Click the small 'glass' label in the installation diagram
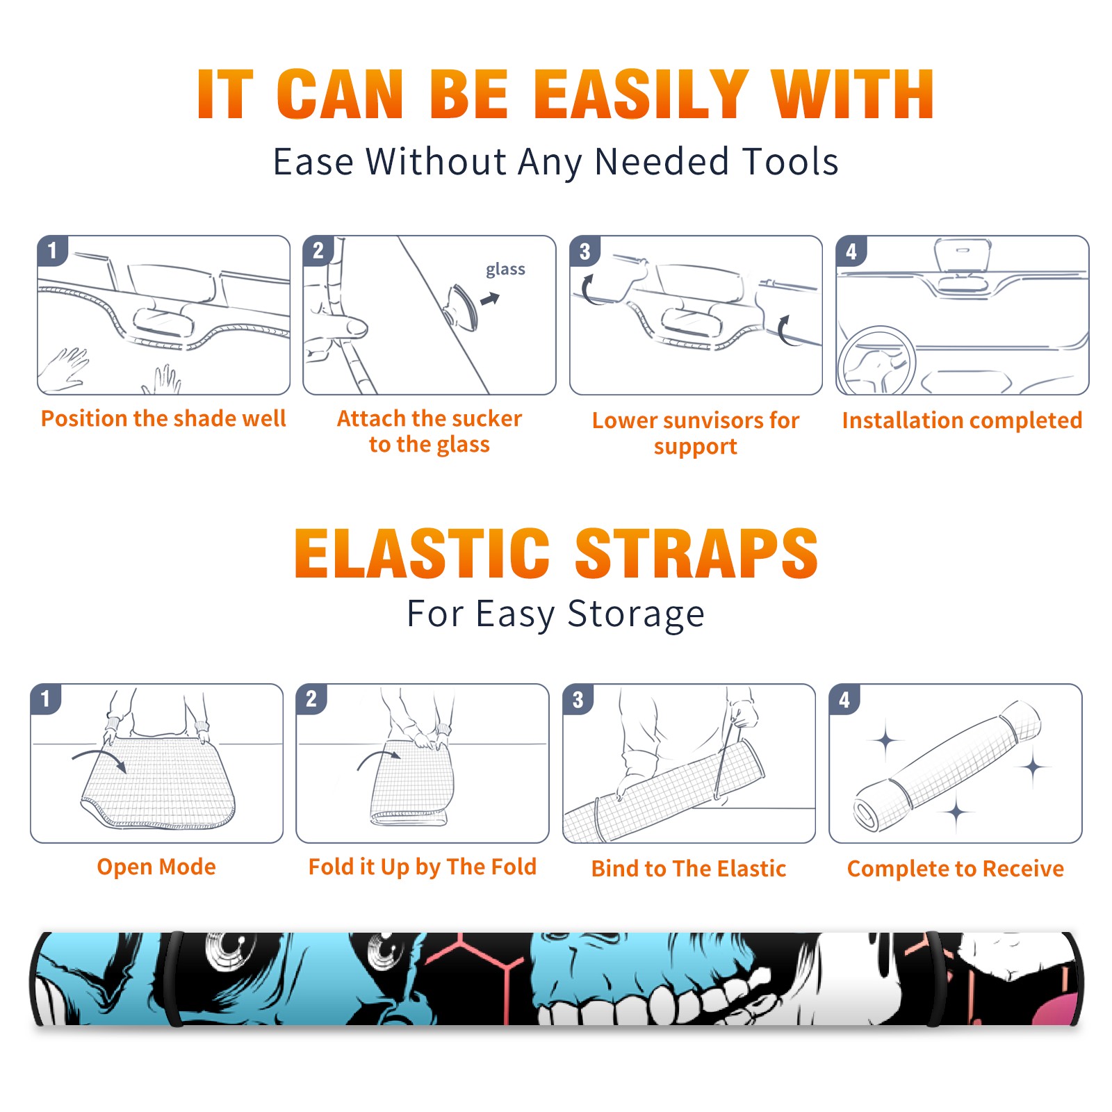pos(505,270)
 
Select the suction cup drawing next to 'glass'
pos(461,306)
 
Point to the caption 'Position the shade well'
pos(163,418)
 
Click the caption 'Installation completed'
pos(962,420)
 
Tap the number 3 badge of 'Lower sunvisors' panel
pos(584,252)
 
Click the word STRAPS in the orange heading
pos(696,553)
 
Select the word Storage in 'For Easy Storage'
pos(636,614)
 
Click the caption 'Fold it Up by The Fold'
pos(423,867)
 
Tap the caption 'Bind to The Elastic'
pos(689,868)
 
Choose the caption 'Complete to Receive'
pos(956,868)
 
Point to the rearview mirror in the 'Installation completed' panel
pos(963,255)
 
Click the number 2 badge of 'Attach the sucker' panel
pos(318,251)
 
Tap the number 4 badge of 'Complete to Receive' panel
pos(844,699)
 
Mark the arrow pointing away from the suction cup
pos(491,299)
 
